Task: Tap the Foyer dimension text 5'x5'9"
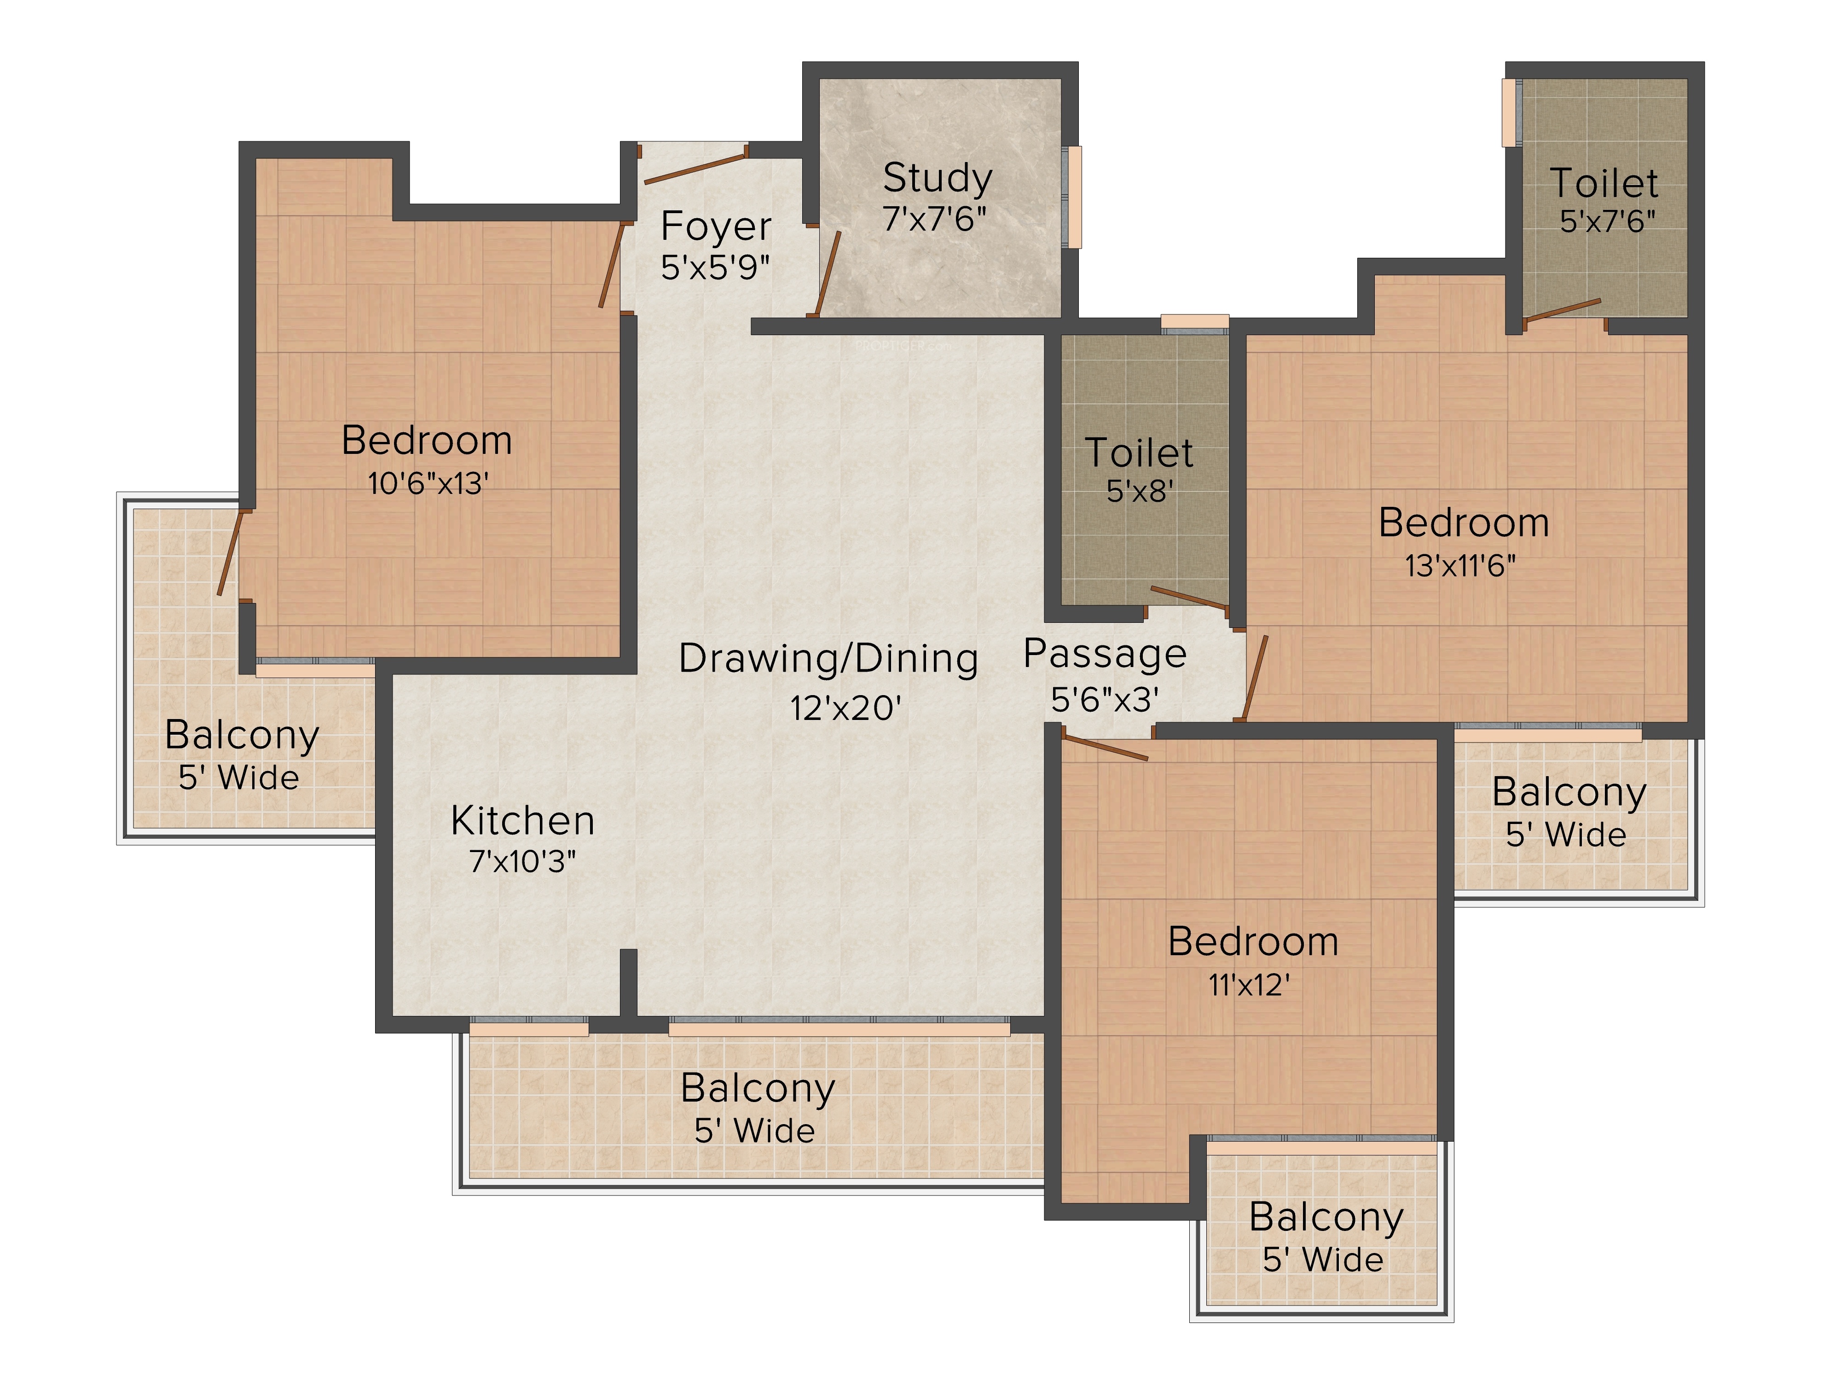(715, 267)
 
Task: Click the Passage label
(1105, 654)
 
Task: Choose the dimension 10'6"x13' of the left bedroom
(428, 483)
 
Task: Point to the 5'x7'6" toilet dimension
(1607, 221)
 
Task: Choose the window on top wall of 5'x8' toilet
(1194, 324)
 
